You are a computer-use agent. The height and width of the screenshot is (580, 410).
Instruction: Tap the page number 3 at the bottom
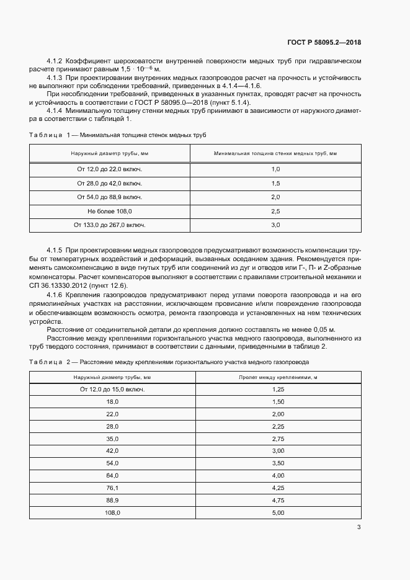[x=359, y=527]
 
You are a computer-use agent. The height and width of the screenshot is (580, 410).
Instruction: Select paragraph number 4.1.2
[x=55, y=61]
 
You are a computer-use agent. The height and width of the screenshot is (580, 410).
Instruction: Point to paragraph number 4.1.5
[x=55, y=249]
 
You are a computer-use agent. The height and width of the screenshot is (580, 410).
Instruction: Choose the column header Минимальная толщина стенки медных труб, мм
[x=275, y=153]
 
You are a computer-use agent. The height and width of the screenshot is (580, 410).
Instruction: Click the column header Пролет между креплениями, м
[x=278, y=377]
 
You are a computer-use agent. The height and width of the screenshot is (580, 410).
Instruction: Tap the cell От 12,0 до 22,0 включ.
[x=109, y=169]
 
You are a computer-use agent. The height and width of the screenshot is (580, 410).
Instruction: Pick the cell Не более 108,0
[x=109, y=211]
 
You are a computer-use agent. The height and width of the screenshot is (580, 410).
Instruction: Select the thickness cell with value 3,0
[x=275, y=225]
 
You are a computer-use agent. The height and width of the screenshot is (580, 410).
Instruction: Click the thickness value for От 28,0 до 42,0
[x=275, y=183]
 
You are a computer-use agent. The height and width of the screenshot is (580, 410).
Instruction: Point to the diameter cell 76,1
[x=112, y=488]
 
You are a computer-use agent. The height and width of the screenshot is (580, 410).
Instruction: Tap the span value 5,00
[x=278, y=512]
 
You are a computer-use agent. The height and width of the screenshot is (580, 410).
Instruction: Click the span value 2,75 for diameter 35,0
[x=278, y=438]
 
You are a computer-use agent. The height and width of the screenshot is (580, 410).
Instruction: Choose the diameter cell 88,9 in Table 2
[x=112, y=500]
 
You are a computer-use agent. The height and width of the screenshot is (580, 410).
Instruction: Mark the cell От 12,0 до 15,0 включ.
[x=112, y=389]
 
